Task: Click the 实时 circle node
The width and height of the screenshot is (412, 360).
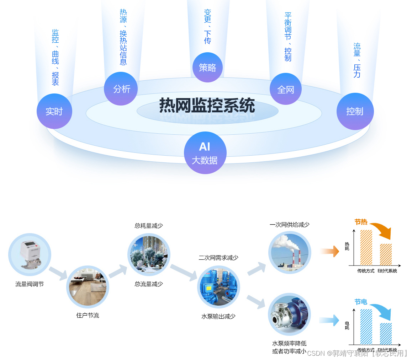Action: [x=54, y=111]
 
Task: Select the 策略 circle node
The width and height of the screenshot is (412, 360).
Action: [x=207, y=68]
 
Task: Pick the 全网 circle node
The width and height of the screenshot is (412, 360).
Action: [x=286, y=89]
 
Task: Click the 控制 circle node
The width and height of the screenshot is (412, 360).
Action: [x=355, y=111]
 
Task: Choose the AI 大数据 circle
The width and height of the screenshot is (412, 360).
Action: [x=205, y=153]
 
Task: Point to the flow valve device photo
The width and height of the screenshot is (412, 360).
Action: [x=30, y=255]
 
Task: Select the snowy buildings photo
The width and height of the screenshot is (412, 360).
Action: [x=149, y=254]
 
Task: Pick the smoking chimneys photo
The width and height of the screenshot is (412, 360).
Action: [x=290, y=252]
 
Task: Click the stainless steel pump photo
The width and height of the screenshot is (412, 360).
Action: [x=290, y=315]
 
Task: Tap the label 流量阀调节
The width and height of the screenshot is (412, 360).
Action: [x=30, y=284]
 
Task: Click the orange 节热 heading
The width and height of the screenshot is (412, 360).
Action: [x=361, y=222]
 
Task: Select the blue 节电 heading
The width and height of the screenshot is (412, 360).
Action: [x=361, y=302]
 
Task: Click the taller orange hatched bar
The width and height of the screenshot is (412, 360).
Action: [x=366, y=247]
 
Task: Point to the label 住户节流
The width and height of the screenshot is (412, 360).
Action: [x=88, y=315]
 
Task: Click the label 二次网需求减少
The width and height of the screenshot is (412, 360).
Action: [x=218, y=258]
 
